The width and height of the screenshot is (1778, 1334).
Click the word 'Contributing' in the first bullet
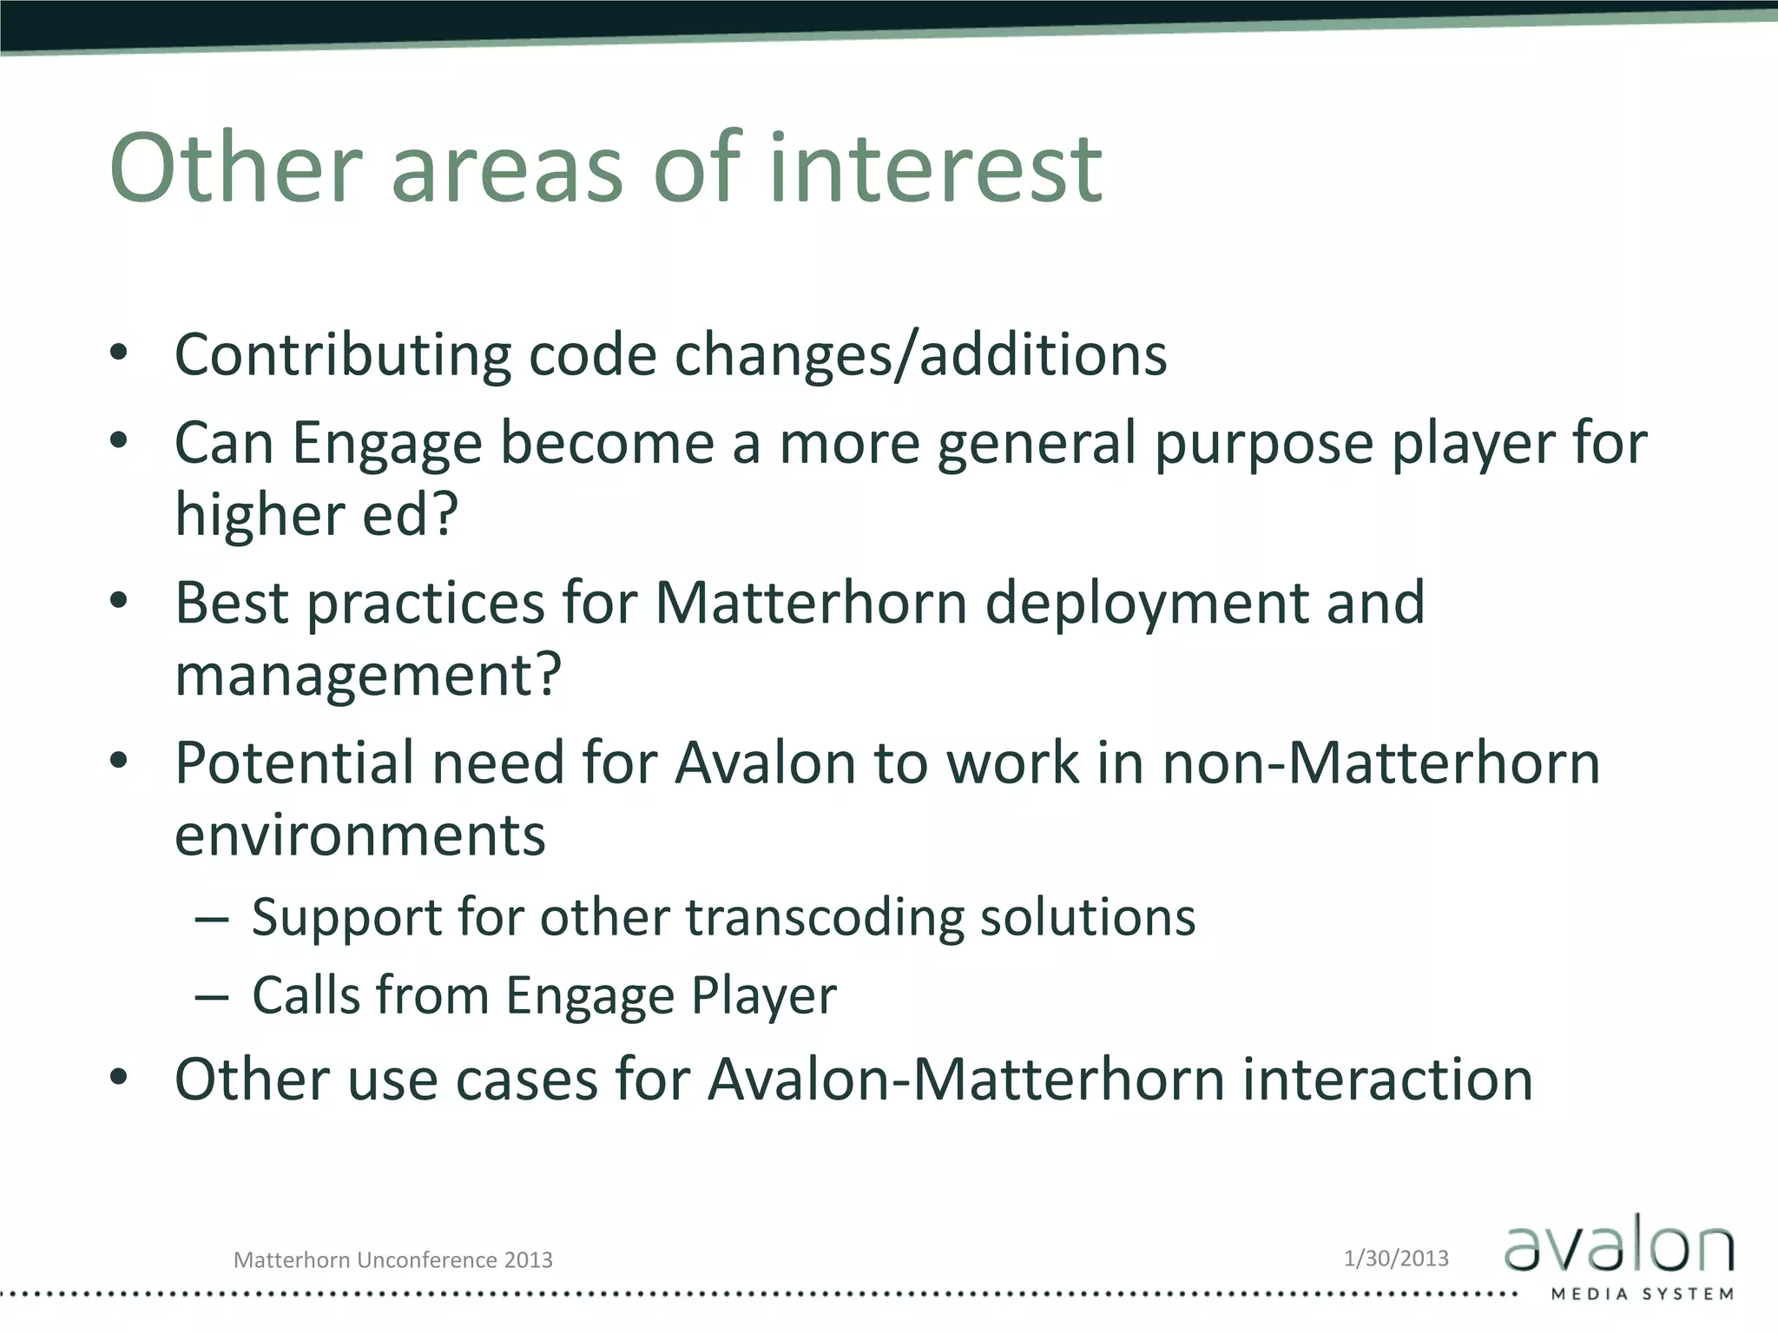coord(342,355)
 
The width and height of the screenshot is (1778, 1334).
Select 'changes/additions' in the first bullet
coord(921,355)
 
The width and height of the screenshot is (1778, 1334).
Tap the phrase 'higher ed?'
coord(316,515)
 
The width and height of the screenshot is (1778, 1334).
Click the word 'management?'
coord(368,676)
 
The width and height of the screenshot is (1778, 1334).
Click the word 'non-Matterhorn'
coord(1380,763)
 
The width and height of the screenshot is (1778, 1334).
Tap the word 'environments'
coord(359,835)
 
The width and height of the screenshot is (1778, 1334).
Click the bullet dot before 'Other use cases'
coord(119,1078)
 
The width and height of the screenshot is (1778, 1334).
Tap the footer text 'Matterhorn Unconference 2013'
coord(392,1260)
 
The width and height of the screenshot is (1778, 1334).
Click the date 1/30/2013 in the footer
coord(1396,1258)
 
